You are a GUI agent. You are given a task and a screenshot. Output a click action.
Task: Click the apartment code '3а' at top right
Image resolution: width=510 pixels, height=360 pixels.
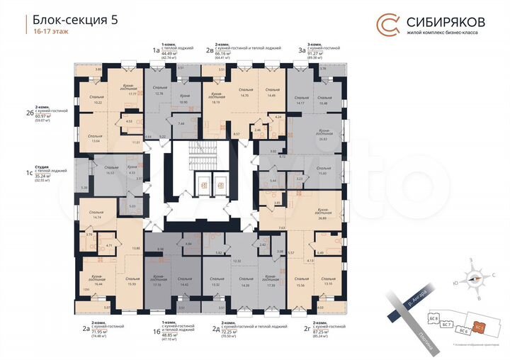pos(302,50)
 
